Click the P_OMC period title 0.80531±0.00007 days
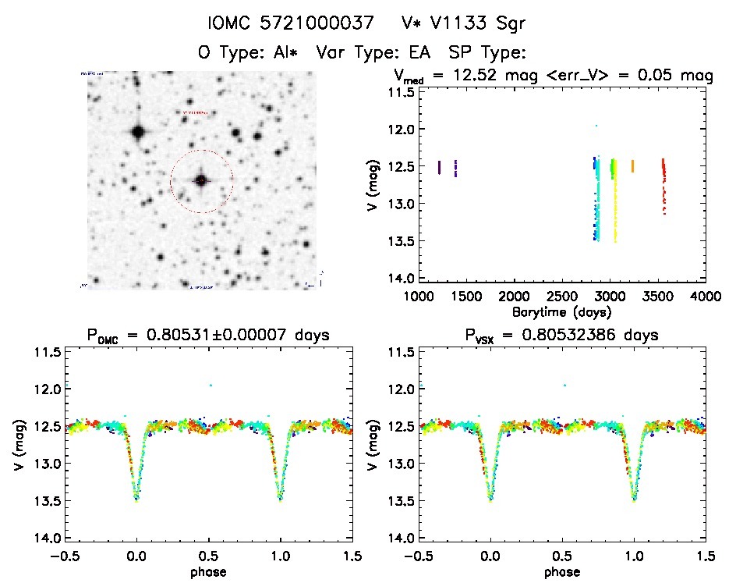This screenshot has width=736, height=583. point(209,336)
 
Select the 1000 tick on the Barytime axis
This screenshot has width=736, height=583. point(418,297)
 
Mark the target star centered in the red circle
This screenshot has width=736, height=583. point(201,180)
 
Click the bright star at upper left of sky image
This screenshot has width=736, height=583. point(138,132)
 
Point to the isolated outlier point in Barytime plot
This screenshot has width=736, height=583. point(596,125)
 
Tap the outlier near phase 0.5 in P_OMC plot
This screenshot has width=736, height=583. point(211,385)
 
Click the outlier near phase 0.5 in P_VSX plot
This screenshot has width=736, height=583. point(564,385)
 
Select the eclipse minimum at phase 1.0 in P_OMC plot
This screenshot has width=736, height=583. point(281,498)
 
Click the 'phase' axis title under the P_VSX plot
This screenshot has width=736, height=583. point(562,571)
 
